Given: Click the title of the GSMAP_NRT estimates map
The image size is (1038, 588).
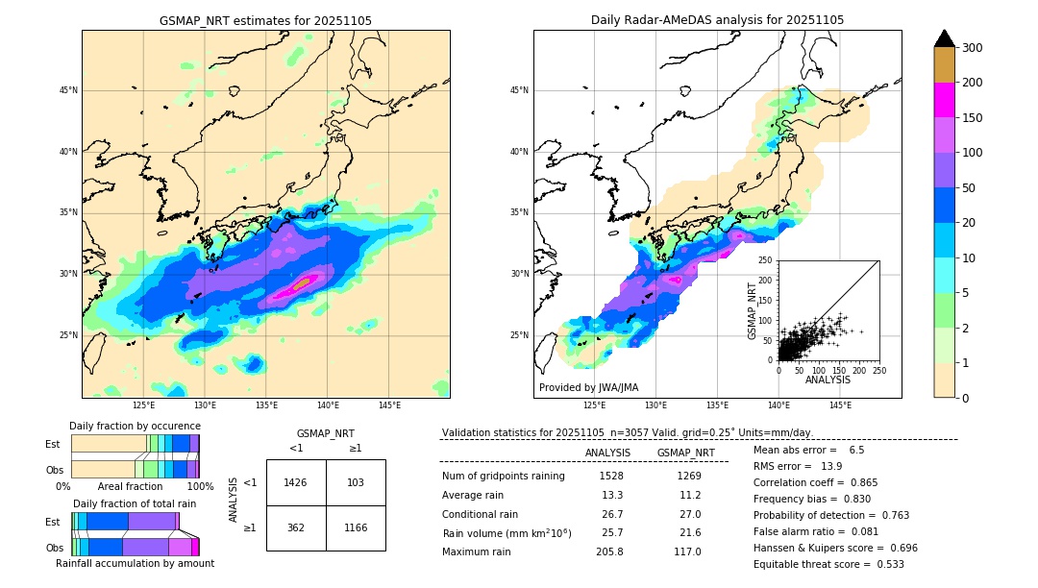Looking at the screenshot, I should coord(265,20).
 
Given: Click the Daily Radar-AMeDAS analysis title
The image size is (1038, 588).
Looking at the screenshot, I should coord(717,20).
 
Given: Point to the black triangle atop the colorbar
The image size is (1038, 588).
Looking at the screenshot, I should coord(945,38).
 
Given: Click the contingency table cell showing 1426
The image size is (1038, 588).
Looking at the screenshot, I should coord(296,482).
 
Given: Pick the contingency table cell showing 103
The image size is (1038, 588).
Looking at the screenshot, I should coord(356,482).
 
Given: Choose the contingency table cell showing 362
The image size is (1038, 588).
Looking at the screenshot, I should coord(296,527).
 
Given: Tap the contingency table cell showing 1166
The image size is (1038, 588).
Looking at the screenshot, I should coord(356,527).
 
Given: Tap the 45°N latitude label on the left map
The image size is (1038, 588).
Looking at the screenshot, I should coord(68,90).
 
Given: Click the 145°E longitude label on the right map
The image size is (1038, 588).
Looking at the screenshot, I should coord(840,405).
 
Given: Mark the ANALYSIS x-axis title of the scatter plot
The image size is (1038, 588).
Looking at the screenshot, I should coord(828,380).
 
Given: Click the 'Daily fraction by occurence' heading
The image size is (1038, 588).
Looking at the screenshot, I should coord(135,426).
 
